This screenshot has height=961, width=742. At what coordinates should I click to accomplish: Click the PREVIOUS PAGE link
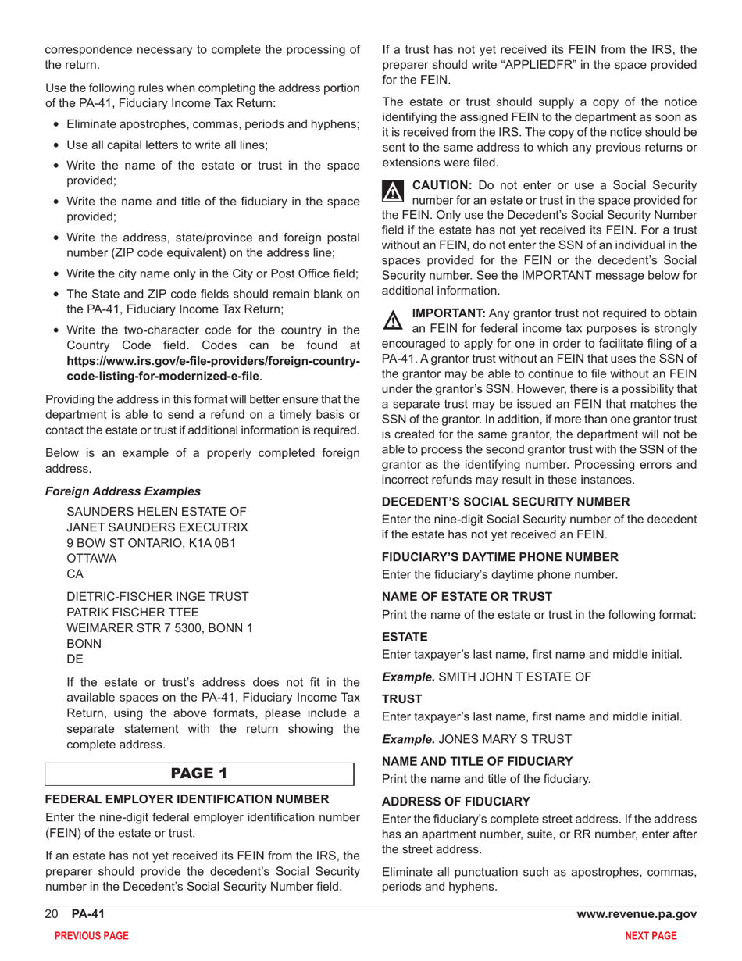pos(86,935)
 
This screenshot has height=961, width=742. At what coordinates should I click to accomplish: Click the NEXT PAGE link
pos(651,935)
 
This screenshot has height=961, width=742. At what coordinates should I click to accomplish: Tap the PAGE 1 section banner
pos(199,773)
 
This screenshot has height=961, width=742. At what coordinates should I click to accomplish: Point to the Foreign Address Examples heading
pos(123,491)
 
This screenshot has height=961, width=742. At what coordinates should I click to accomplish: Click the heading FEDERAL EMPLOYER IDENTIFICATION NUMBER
pos(187,799)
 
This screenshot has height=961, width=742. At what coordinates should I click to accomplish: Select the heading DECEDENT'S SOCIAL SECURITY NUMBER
pos(505,502)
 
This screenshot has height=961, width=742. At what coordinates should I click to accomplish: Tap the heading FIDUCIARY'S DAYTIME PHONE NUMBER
pos(500,557)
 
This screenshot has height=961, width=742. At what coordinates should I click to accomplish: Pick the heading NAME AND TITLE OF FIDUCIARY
pos(477,760)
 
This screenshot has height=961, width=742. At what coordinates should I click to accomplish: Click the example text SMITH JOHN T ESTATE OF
pos(515,677)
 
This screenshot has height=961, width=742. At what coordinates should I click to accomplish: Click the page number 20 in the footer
pos(52,914)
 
